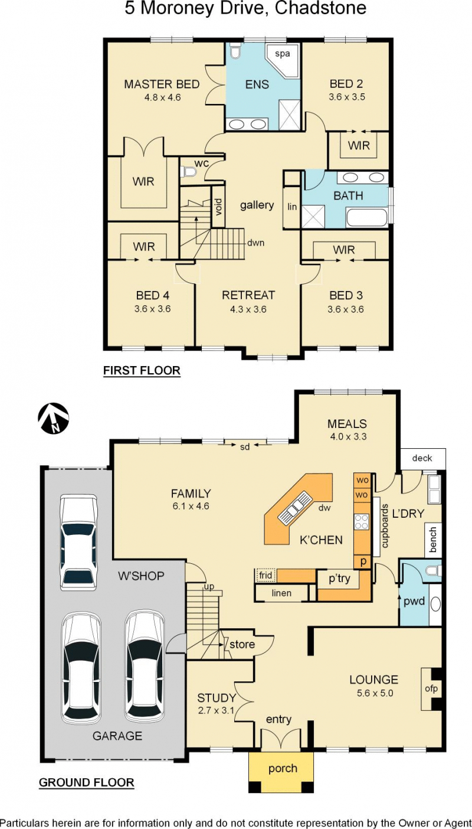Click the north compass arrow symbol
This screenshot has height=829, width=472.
(x=54, y=418)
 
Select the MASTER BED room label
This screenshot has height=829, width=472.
(x=162, y=84)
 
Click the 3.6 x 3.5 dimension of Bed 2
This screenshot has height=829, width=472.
(x=346, y=97)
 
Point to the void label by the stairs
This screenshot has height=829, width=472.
(x=218, y=207)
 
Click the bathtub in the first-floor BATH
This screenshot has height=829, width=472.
(x=367, y=217)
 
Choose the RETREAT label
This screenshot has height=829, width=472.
(x=248, y=295)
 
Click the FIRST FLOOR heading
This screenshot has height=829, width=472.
(x=142, y=370)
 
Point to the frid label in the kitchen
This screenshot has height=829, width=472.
(x=265, y=575)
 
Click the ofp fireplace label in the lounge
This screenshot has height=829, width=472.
(x=431, y=688)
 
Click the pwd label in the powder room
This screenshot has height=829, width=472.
(x=414, y=601)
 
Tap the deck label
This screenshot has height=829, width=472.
(x=422, y=458)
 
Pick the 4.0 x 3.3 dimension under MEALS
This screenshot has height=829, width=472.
(x=348, y=437)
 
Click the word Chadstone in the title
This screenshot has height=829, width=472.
(x=320, y=8)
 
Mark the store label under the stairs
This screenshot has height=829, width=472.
(x=242, y=644)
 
